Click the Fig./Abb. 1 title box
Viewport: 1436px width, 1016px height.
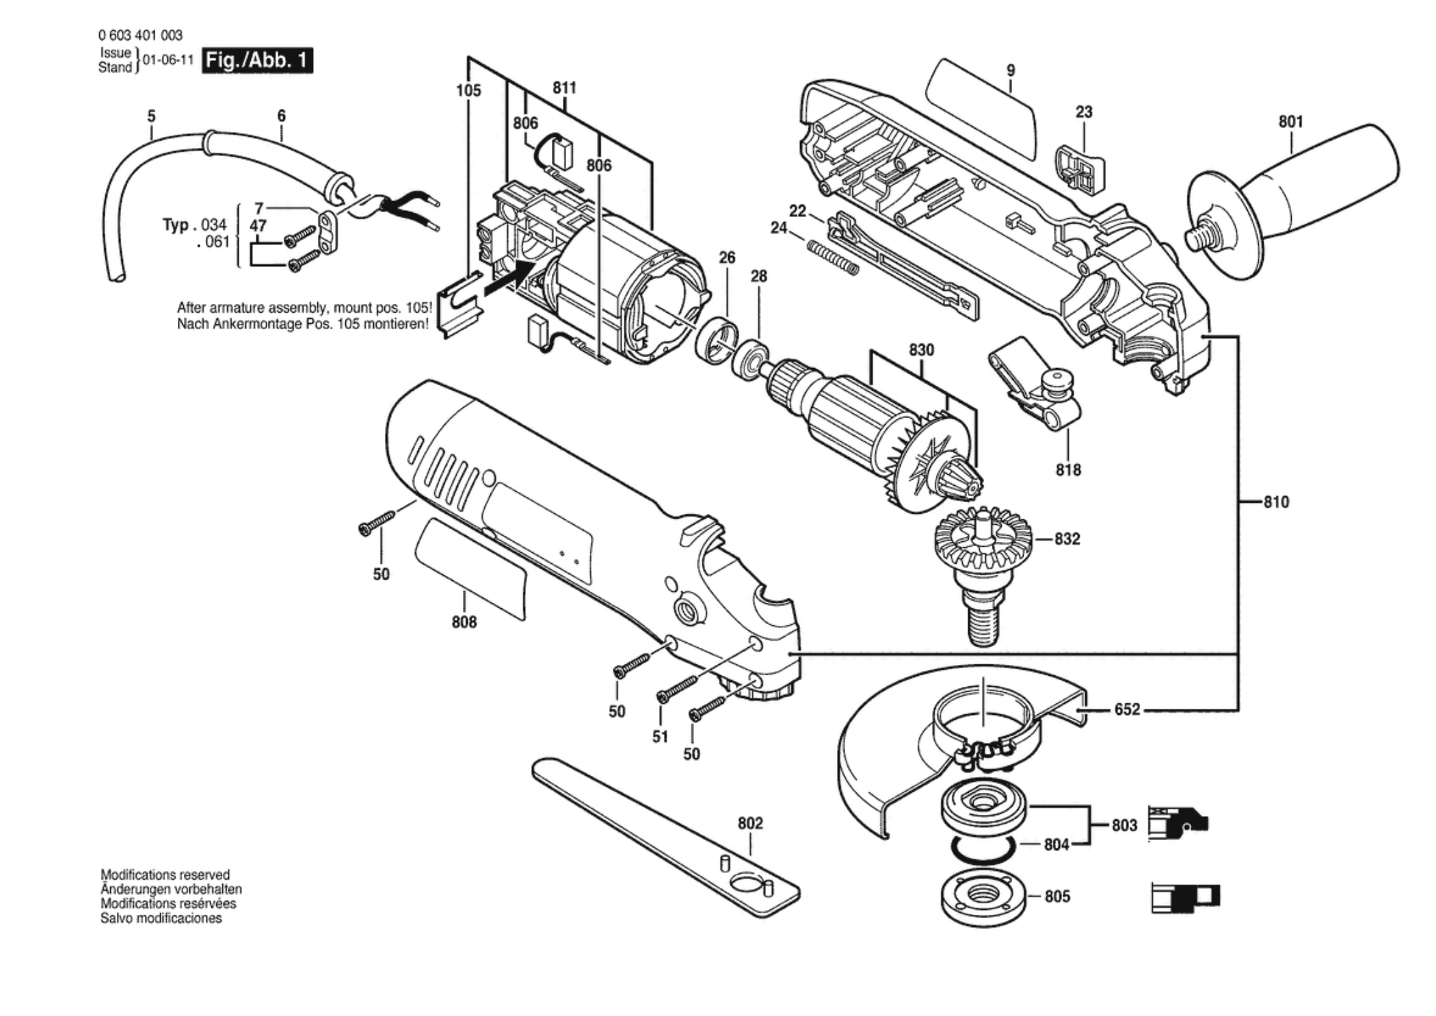[258, 60]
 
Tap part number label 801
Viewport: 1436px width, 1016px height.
[1291, 122]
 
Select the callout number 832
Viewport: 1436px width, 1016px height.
[1067, 539]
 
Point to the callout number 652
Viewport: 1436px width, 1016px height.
[1127, 709]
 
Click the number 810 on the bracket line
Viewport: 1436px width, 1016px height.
[1276, 502]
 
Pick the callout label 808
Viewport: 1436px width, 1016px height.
[464, 623]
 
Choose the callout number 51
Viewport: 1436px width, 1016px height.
[660, 737]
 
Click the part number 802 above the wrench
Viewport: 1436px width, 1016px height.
[750, 823]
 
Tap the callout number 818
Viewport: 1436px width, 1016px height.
[1068, 470]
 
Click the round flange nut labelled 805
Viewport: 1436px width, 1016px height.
[983, 897]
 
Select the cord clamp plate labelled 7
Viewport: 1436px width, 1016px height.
[330, 233]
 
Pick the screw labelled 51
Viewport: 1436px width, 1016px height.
[677, 688]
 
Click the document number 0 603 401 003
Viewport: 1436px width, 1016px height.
[140, 35]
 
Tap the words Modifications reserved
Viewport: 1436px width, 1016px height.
[165, 874]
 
